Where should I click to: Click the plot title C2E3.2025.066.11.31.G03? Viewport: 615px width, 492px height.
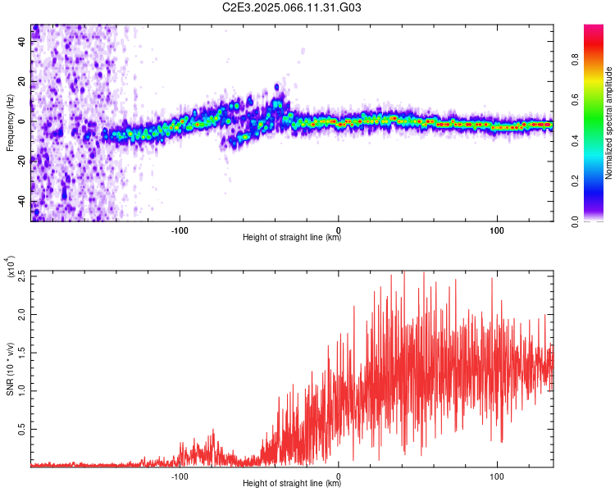(291, 7)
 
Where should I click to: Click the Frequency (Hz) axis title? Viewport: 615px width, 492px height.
(10, 123)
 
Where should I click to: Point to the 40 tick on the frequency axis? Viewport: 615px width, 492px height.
(22, 42)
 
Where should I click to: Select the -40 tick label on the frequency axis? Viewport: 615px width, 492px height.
(22, 203)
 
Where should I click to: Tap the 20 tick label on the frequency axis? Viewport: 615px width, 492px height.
(22, 82)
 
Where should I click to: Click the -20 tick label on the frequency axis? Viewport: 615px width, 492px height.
(22, 162)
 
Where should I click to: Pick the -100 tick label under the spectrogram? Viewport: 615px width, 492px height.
(180, 230)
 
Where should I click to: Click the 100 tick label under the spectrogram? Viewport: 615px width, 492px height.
(497, 230)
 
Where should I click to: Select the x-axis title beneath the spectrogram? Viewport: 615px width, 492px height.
(292, 237)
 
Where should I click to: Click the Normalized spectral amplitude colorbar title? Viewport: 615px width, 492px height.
(608, 123)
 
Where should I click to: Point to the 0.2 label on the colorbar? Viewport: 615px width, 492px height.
(575, 181)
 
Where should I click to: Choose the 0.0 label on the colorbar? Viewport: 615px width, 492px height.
(575, 221)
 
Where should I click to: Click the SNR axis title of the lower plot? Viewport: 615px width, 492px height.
(10, 369)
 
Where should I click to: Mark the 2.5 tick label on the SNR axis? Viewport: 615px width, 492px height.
(22, 276)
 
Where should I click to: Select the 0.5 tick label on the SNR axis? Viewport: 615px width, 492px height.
(22, 429)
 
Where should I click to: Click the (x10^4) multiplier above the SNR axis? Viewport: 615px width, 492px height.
(11, 267)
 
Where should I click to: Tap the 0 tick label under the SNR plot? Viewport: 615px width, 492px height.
(338, 476)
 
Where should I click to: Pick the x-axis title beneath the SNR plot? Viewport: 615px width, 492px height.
(292, 483)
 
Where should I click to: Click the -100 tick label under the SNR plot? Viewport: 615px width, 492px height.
(180, 476)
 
